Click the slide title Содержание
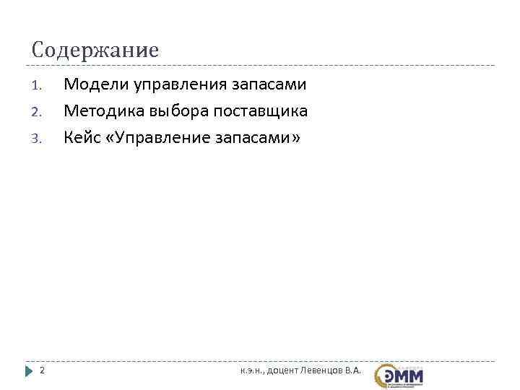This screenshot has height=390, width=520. [95, 51]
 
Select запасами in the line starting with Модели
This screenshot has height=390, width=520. [269, 85]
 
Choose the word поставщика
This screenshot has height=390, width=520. [261, 111]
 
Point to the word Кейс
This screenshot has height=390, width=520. [82, 137]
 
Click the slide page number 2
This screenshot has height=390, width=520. [42, 370]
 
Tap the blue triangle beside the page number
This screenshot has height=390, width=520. [30, 370]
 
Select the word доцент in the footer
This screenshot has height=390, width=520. [290, 370]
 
